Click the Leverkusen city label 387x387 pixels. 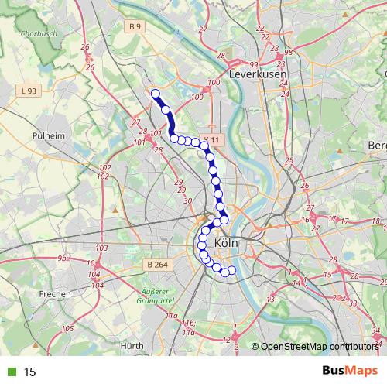258,74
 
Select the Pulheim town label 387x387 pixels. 47,135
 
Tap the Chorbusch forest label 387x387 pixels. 36,34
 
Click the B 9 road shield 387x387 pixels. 135,27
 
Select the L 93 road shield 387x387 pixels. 29,91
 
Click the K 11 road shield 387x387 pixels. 211,140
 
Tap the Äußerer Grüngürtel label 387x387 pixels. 159,296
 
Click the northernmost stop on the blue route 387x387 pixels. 155,94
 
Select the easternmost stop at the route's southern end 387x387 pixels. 231,270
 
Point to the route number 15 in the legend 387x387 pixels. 30,372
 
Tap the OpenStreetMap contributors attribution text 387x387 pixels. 319,348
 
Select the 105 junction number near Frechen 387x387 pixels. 68,329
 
